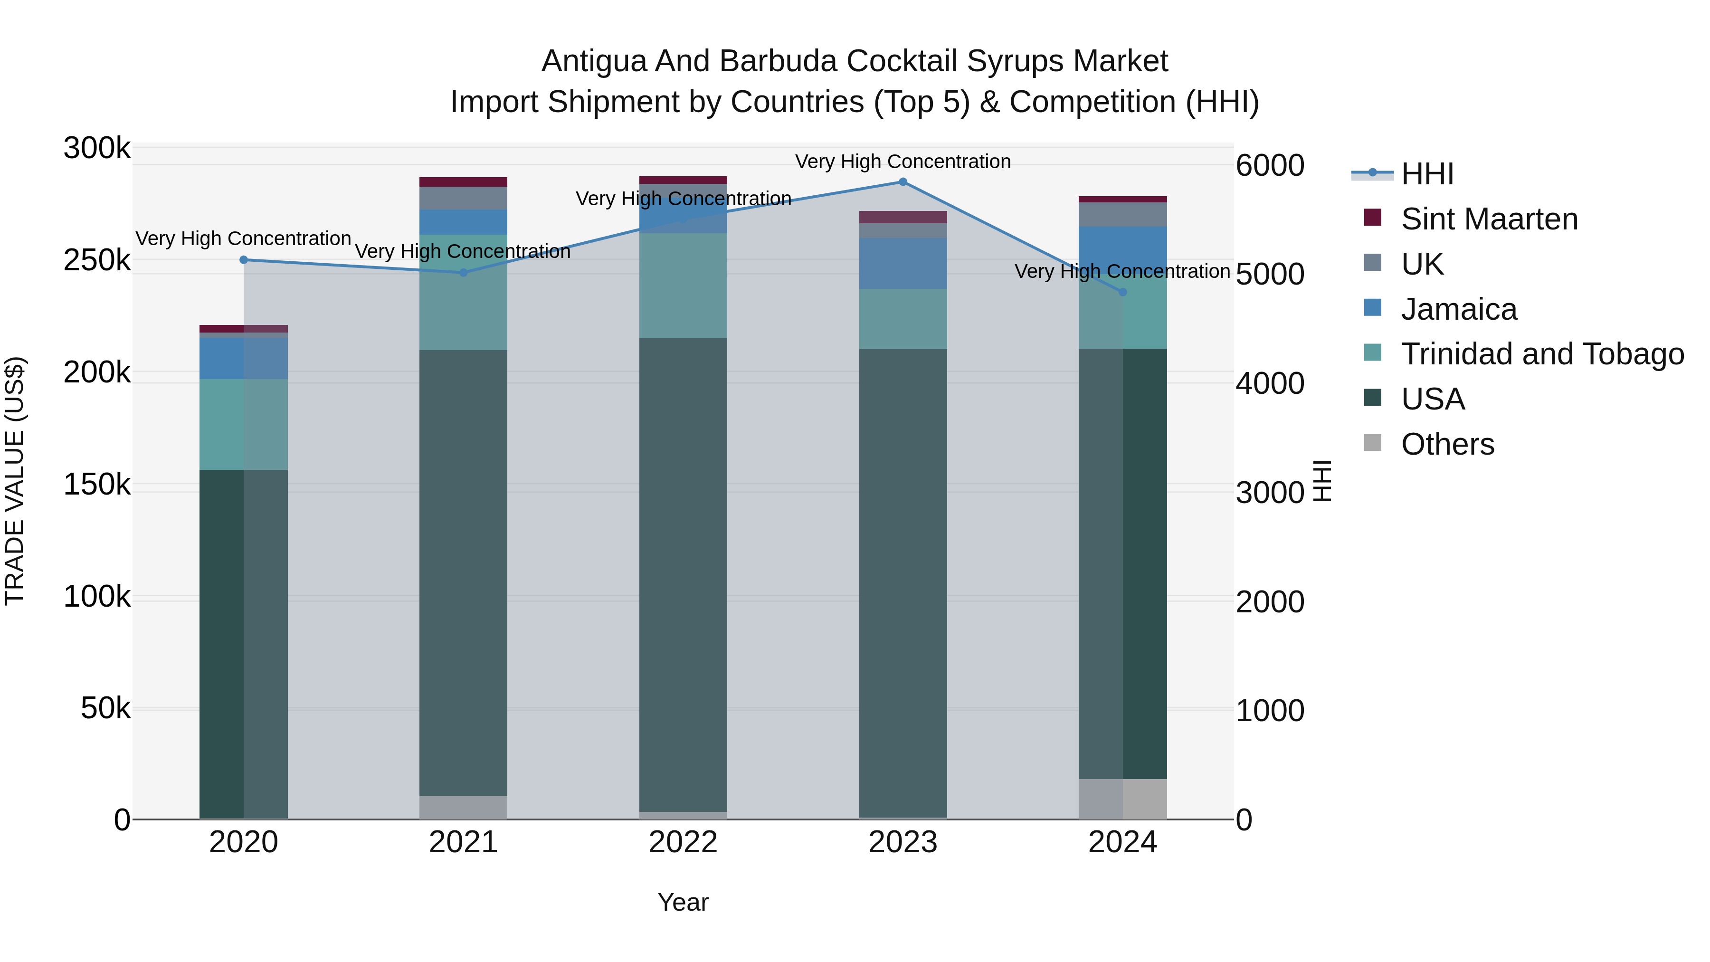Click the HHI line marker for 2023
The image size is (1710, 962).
[903, 182]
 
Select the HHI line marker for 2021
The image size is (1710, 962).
[463, 272]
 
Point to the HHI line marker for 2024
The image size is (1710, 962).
[1122, 292]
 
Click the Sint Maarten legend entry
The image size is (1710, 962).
[1489, 219]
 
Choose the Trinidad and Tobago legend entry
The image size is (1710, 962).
[1542, 354]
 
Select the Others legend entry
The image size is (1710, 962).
[1447, 444]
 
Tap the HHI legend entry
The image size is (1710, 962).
[1427, 174]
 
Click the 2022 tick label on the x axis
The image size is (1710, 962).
[683, 842]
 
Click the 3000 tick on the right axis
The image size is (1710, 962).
[1270, 493]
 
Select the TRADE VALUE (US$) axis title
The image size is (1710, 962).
[15, 481]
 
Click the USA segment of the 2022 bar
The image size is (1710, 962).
[683, 574]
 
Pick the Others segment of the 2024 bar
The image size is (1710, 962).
[1122, 799]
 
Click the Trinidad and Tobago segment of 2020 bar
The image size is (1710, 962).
[244, 424]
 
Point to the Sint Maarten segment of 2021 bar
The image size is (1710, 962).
[463, 182]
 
